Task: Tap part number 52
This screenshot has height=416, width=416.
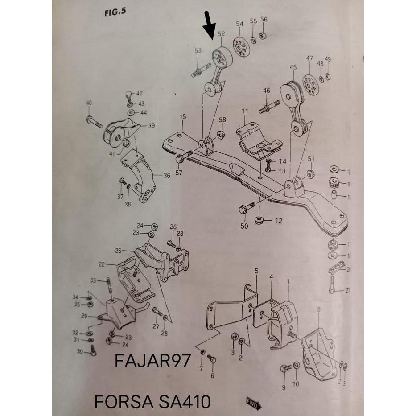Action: pos(221,34)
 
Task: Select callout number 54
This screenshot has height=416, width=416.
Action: pos(239,24)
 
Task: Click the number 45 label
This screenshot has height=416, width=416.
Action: pos(293,67)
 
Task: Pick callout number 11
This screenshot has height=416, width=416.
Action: pos(245,111)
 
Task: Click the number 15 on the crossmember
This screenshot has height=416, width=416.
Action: pos(182,117)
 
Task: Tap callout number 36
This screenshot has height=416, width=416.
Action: pos(166,176)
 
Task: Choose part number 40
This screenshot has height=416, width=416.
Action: pos(89,103)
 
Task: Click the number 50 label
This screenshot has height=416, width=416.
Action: pos(244,227)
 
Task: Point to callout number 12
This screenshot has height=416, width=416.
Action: pos(279,220)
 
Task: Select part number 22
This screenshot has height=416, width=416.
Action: pos(102,264)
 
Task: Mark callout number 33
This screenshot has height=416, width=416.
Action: pos(93,280)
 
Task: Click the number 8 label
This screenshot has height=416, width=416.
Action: pos(318,309)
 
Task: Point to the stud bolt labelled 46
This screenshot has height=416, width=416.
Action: pos(269,107)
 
